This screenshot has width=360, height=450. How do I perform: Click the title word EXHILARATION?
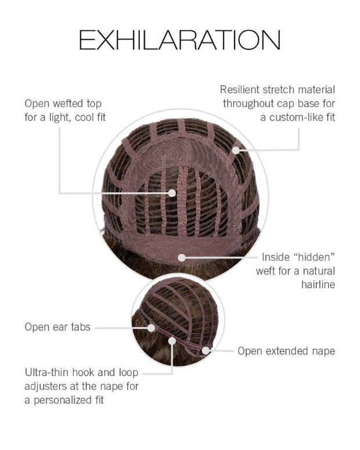[180, 40]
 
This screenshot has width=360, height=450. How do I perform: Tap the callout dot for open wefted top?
[172, 193]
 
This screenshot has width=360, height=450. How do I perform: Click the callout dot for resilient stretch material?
[236, 150]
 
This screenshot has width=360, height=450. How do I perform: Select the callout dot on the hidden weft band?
[181, 257]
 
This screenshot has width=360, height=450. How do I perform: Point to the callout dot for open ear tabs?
[151, 327]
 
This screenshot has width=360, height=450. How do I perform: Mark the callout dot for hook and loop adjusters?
[172, 341]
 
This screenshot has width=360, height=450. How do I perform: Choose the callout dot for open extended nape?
[206, 350]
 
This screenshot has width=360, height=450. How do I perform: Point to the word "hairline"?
[318, 285]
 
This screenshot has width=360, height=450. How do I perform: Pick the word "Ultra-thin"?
[47, 373]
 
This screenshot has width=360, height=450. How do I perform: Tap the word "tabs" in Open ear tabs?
[81, 327]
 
